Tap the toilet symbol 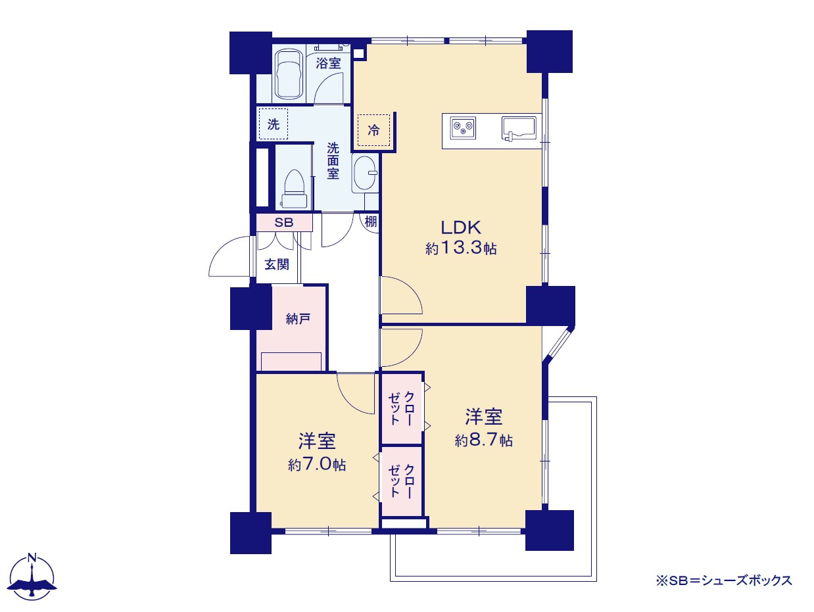click(x=294, y=189)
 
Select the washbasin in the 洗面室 click(x=365, y=174)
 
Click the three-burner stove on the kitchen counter click(x=463, y=128)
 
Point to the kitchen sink click(x=519, y=129)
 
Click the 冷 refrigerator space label click(x=374, y=130)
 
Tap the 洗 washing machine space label click(x=274, y=124)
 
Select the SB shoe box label click(x=283, y=222)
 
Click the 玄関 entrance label click(x=277, y=264)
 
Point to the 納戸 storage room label click(x=298, y=319)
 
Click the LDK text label click(x=461, y=227)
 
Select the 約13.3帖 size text click(x=461, y=248)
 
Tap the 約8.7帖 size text click(x=484, y=440)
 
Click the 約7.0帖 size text click(x=317, y=464)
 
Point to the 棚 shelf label click(x=371, y=222)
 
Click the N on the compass click(x=32, y=557)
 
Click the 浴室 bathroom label click(x=328, y=63)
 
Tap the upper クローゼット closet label click(x=401, y=408)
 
